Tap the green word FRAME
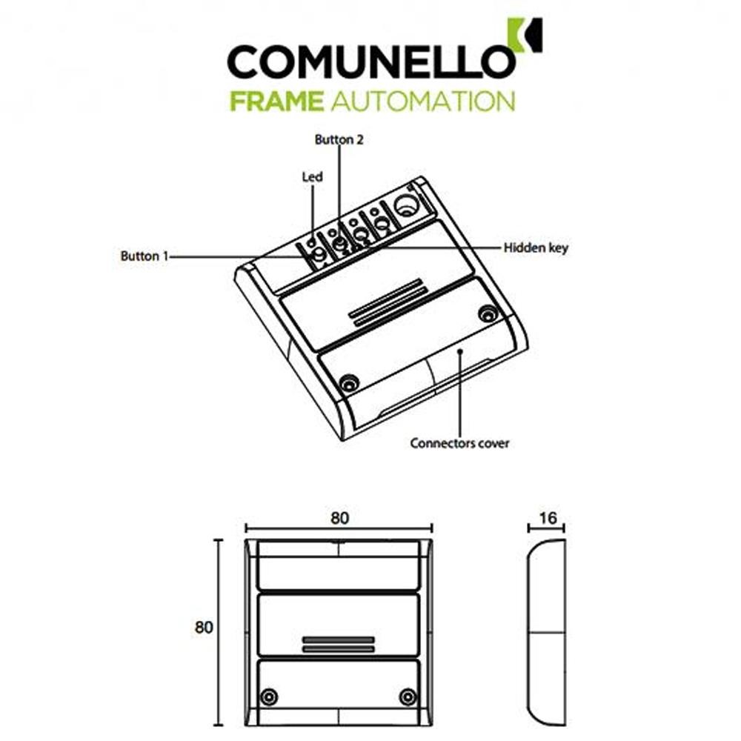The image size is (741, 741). pos(276,100)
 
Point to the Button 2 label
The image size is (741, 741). pos(339,139)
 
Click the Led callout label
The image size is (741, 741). pos(312,177)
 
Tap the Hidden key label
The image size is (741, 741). pos(536,248)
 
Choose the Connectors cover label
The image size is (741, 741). pos(459,444)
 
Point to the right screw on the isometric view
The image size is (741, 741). pos(487,313)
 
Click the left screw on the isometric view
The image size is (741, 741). pos(346,382)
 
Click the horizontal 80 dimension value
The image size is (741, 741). pos(339,519)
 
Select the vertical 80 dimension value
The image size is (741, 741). pos(204,627)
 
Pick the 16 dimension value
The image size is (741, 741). pos(548,519)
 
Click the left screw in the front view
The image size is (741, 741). pos(270,697)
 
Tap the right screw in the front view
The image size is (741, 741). pos(407,697)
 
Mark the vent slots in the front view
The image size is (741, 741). pos(338,643)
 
